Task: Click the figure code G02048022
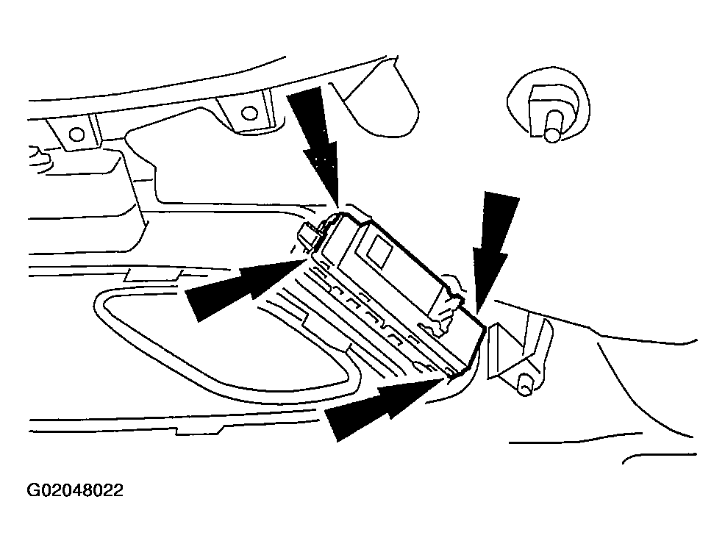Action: [x=76, y=490]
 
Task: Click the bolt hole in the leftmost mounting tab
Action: [x=74, y=135]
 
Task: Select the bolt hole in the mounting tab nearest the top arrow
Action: [x=249, y=112]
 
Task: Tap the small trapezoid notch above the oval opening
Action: [x=150, y=276]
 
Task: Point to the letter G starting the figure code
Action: [x=34, y=490]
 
